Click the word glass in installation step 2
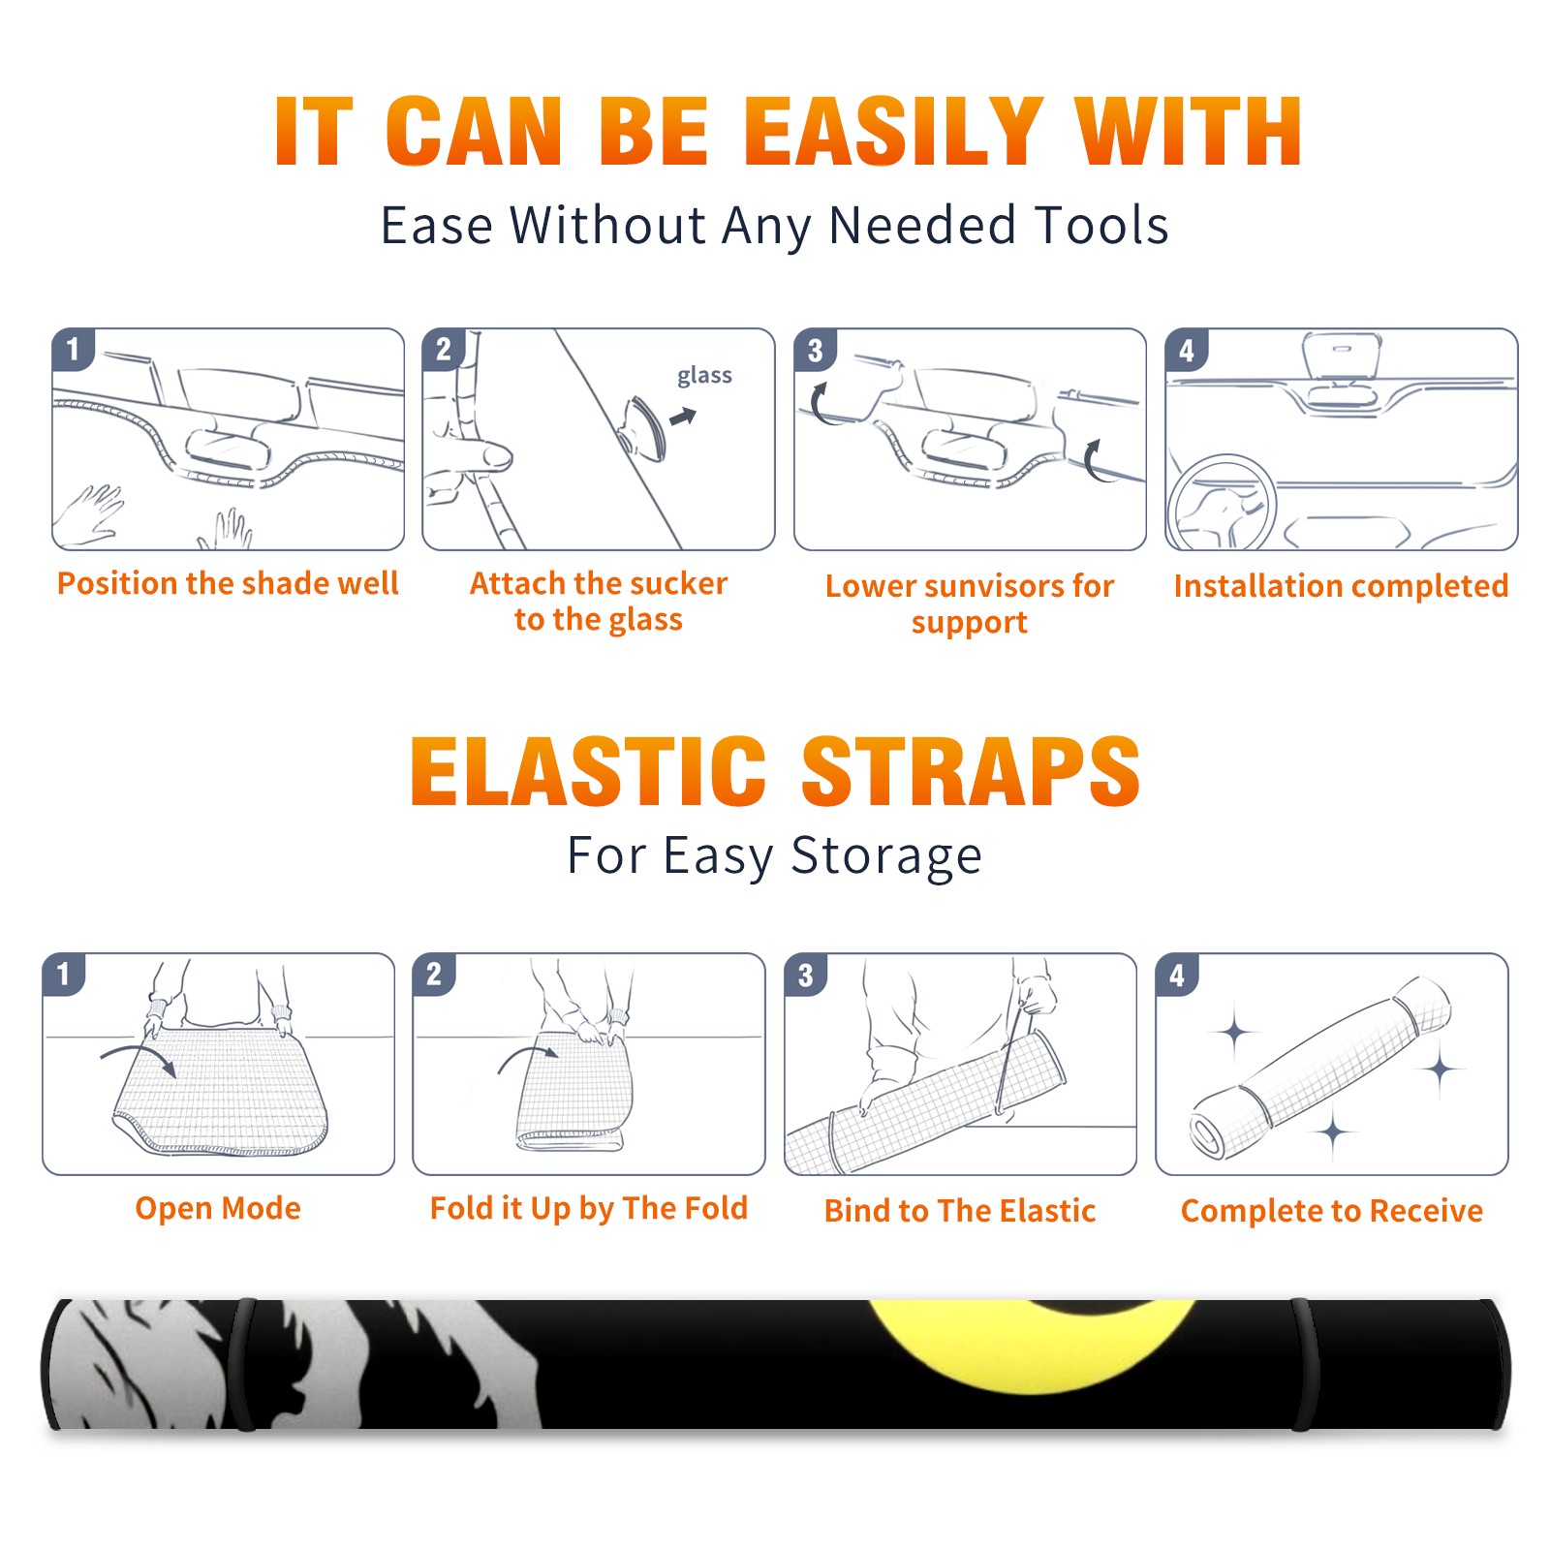704,376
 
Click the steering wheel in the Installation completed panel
1221,504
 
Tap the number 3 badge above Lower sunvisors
815,350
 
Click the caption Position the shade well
228,583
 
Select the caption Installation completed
1341,585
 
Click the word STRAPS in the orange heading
971,771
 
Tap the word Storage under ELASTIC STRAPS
885,856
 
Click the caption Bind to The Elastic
959,1210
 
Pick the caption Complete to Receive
1331,1211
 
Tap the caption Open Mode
218,1208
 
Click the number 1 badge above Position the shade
73,349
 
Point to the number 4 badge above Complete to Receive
1176,975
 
